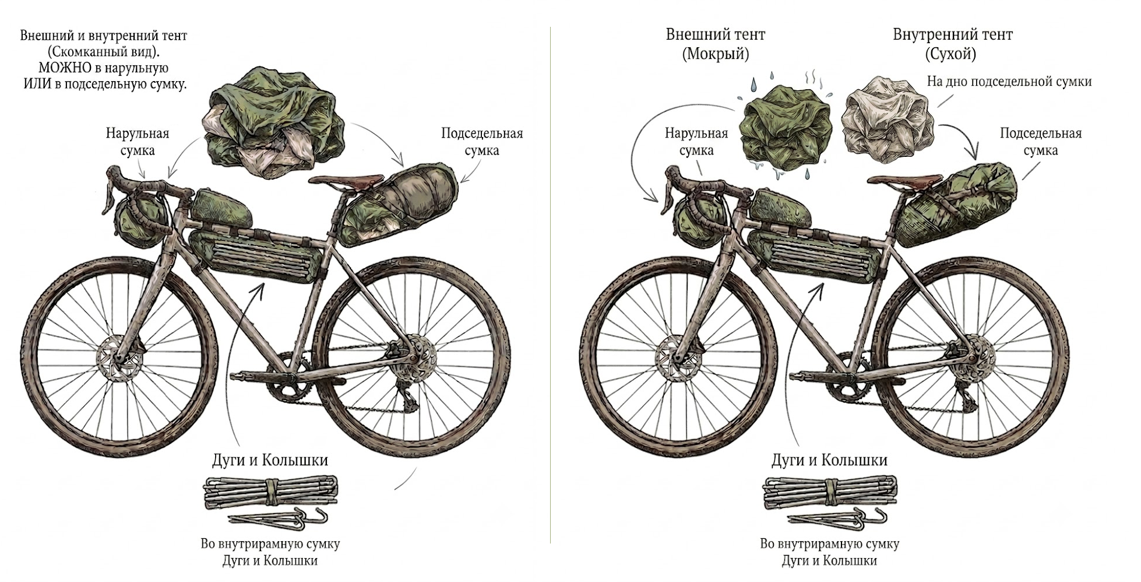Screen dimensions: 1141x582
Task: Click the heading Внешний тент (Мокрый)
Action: click(716, 44)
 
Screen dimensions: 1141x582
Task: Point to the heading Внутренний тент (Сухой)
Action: click(953, 44)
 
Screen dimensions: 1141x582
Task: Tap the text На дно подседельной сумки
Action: click(1009, 82)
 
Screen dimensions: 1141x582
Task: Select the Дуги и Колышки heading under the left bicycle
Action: click(270, 460)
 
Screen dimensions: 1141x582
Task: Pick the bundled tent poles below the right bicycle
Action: click(830, 492)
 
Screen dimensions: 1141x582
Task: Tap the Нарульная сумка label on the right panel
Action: click(696, 142)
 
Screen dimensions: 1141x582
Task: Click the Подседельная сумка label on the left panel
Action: click(482, 142)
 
